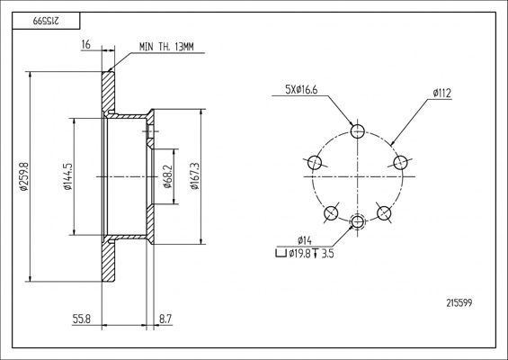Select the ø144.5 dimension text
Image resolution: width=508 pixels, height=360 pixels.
[x=67, y=176]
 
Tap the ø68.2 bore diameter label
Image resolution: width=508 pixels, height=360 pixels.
[x=167, y=176]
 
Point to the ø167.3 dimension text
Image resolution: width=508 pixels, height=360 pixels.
[x=195, y=176]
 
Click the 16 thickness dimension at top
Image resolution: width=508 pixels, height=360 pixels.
[x=85, y=44]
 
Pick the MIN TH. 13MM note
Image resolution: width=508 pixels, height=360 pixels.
[x=166, y=47]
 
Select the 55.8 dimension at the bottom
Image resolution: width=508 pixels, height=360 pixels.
[x=81, y=319]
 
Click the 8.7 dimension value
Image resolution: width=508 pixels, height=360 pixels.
[x=165, y=319]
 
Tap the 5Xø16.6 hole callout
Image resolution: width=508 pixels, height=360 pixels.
[x=301, y=89]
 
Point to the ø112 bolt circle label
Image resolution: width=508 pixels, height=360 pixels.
[x=442, y=94]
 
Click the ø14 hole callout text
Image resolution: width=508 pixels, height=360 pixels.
[x=305, y=240]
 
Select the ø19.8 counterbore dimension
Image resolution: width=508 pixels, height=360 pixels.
[x=299, y=253]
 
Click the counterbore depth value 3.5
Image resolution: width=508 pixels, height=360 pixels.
[x=327, y=253]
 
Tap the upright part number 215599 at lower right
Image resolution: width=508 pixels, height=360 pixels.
[x=459, y=303]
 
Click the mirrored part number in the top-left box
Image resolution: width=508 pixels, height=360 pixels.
[x=46, y=21]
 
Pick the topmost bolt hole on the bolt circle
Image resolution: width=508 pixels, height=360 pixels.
[x=358, y=131]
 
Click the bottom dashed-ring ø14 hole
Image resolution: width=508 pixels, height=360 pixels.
[x=357, y=221]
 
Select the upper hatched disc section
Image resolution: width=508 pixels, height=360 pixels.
[x=109, y=92]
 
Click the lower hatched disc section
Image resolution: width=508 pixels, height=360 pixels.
[x=109, y=261]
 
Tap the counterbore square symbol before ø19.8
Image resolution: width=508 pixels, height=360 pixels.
[x=281, y=253]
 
